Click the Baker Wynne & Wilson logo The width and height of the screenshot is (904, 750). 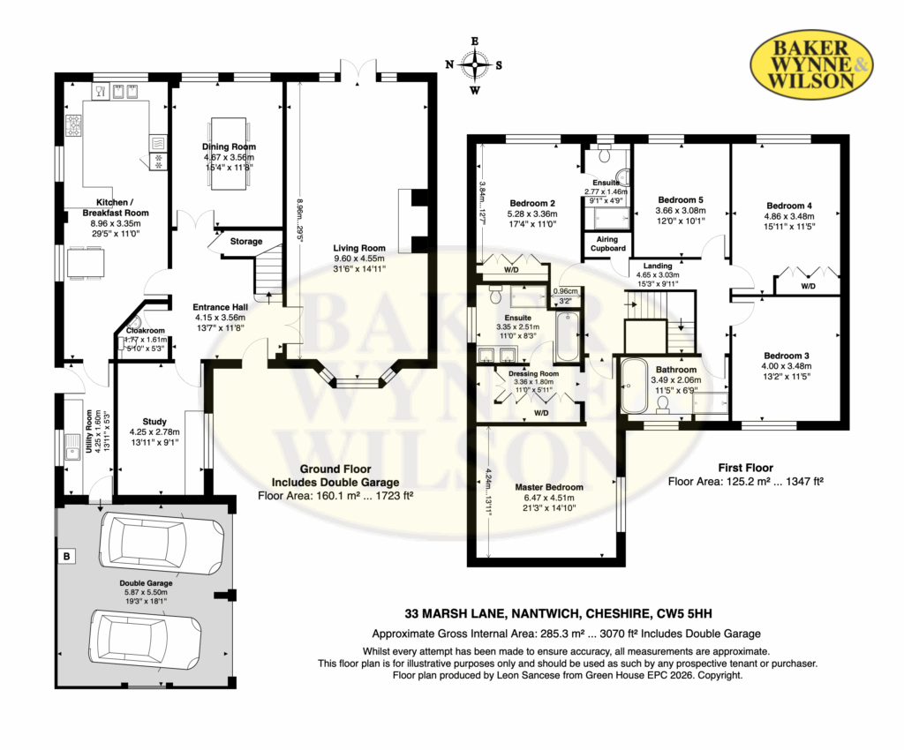click(x=811, y=63)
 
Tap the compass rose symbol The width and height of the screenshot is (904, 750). click(x=474, y=65)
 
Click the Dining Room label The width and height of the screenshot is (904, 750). click(x=229, y=146)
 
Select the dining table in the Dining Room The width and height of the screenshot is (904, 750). click(x=230, y=154)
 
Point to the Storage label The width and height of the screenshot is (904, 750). click(x=246, y=242)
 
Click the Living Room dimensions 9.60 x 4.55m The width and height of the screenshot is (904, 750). click(x=359, y=259)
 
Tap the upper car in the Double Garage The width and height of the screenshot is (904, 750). click(x=162, y=544)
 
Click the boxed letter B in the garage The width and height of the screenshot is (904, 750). click(x=67, y=557)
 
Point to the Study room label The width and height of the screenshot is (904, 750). click(x=154, y=422)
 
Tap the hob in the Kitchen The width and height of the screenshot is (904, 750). click(x=74, y=126)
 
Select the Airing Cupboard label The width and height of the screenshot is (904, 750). click(x=607, y=244)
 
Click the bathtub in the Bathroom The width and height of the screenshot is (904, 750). click(x=634, y=385)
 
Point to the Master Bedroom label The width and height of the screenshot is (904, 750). click(x=549, y=487)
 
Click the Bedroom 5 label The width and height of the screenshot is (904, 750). click(x=681, y=200)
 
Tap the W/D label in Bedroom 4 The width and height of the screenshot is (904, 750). click(x=809, y=286)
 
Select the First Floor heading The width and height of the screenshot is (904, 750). click(x=745, y=468)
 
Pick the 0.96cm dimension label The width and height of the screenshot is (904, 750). click(x=565, y=291)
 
